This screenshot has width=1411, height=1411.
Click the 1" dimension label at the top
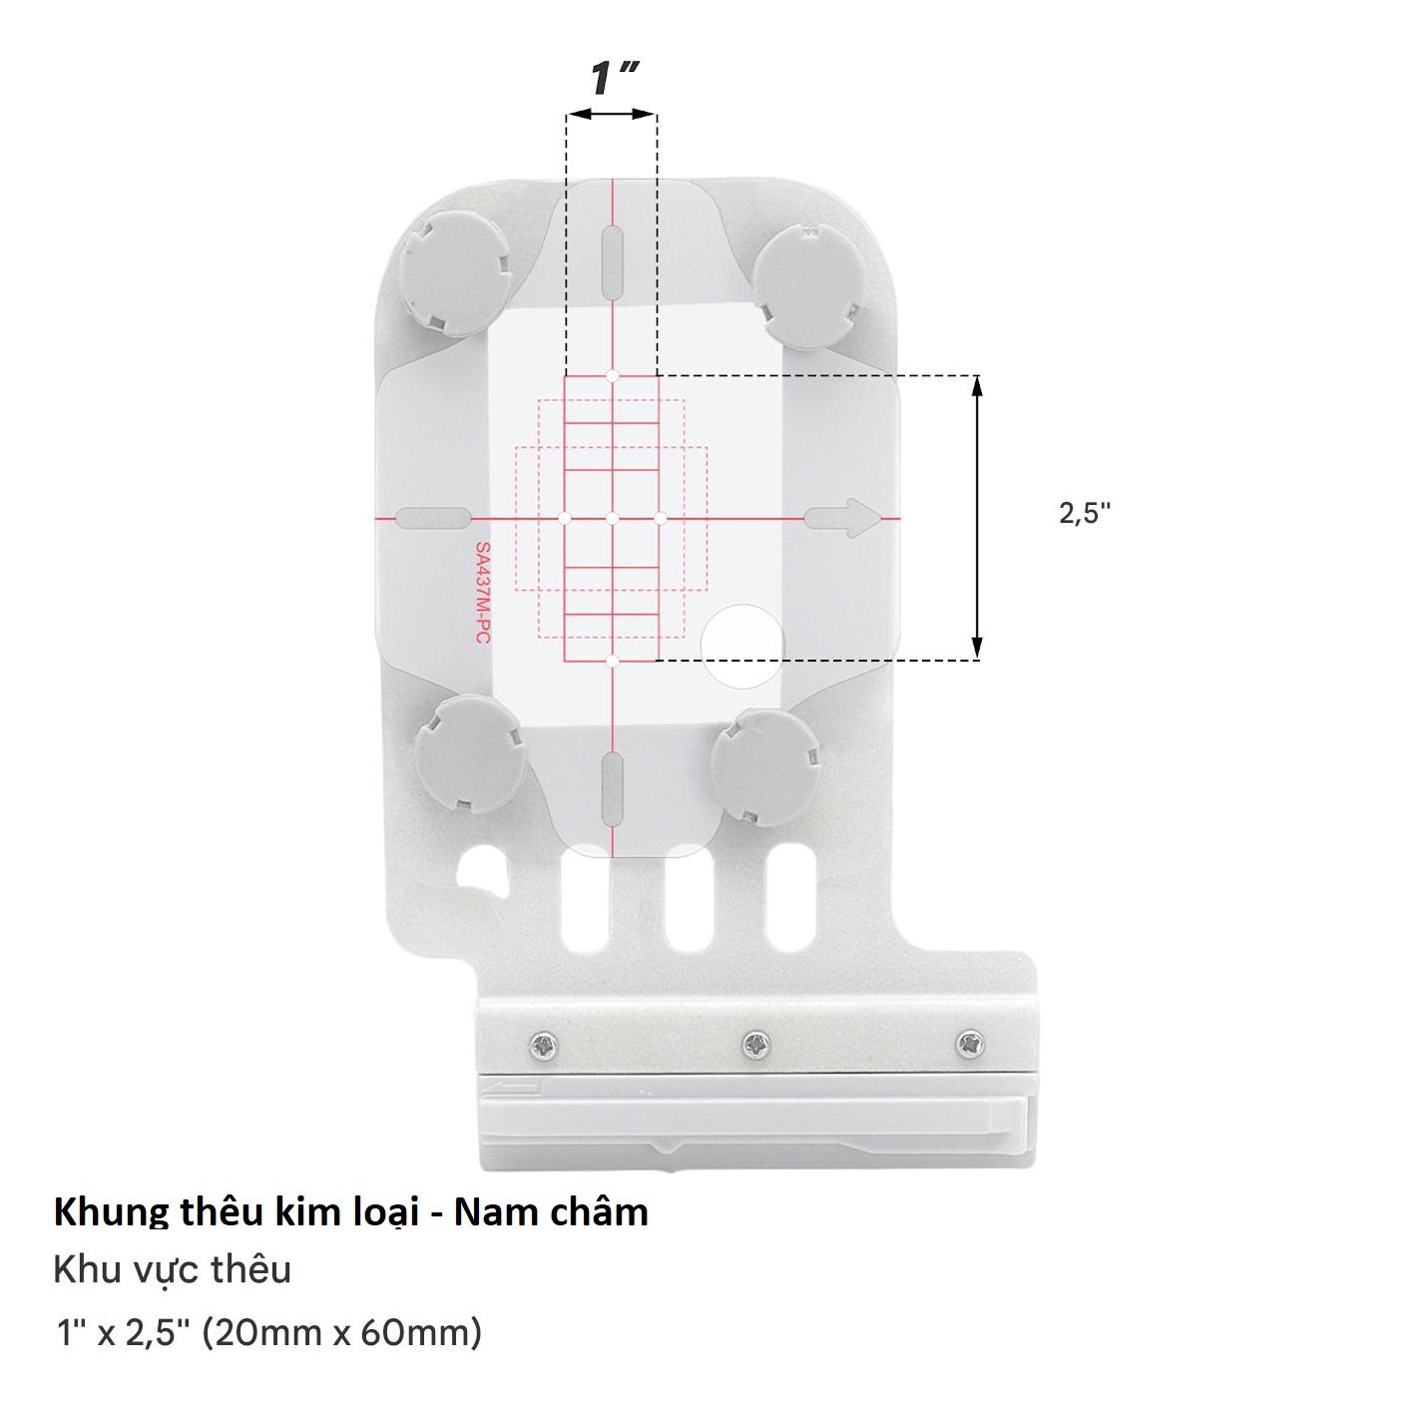pyautogui.click(x=615, y=79)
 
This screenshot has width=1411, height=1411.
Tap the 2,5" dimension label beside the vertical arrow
pyautogui.click(x=1085, y=513)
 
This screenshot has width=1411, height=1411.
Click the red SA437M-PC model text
pyautogui.click(x=483, y=593)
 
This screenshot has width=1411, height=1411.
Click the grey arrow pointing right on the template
pyautogui.click(x=843, y=519)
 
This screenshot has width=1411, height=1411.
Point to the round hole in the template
pyautogui.click(x=742, y=646)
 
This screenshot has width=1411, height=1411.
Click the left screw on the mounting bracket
pyautogui.click(x=544, y=1047)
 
